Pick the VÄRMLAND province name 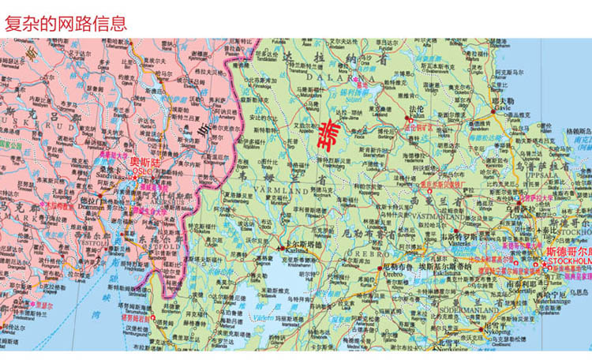pos(280,192)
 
